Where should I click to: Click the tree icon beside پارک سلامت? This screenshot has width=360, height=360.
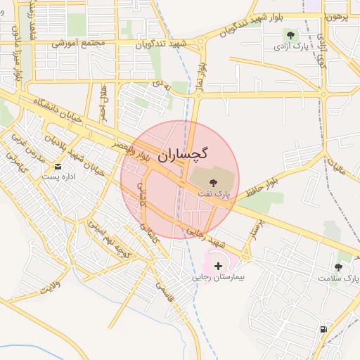point(338,267)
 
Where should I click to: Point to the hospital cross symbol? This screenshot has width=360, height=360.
point(219,266)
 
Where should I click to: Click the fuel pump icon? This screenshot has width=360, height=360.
point(323,329)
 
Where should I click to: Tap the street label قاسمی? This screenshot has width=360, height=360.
point(163,286)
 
